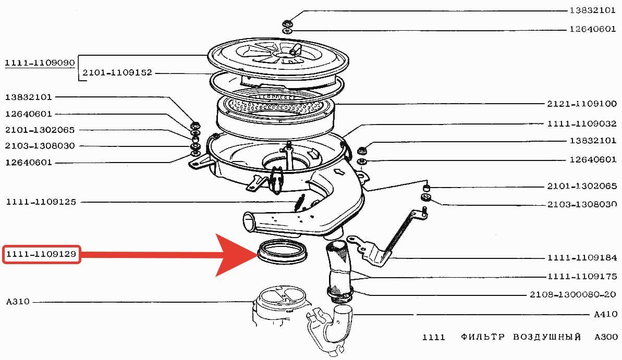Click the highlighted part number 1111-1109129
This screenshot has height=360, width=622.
[x=41, y=254]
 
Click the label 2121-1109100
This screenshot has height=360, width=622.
[x=582, y=104]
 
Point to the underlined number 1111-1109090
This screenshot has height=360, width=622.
[x=40, y=63]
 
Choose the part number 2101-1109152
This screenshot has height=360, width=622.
[x=117, y=72]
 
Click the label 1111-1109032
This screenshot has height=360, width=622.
[x=582, y=123]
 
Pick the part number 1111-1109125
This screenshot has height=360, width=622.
[x=41, y=202]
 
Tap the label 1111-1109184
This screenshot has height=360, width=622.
[x=582, y=258]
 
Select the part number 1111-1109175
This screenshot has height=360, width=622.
[x=582, y=276]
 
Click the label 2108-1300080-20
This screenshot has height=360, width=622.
[x=573, y=294]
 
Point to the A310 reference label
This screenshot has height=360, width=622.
[x=18, y=301]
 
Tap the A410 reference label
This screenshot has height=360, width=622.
[x=605, y=314]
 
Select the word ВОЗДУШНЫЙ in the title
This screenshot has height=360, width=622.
[x=547, y=337]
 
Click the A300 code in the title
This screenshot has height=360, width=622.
[x=606, y=337]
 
